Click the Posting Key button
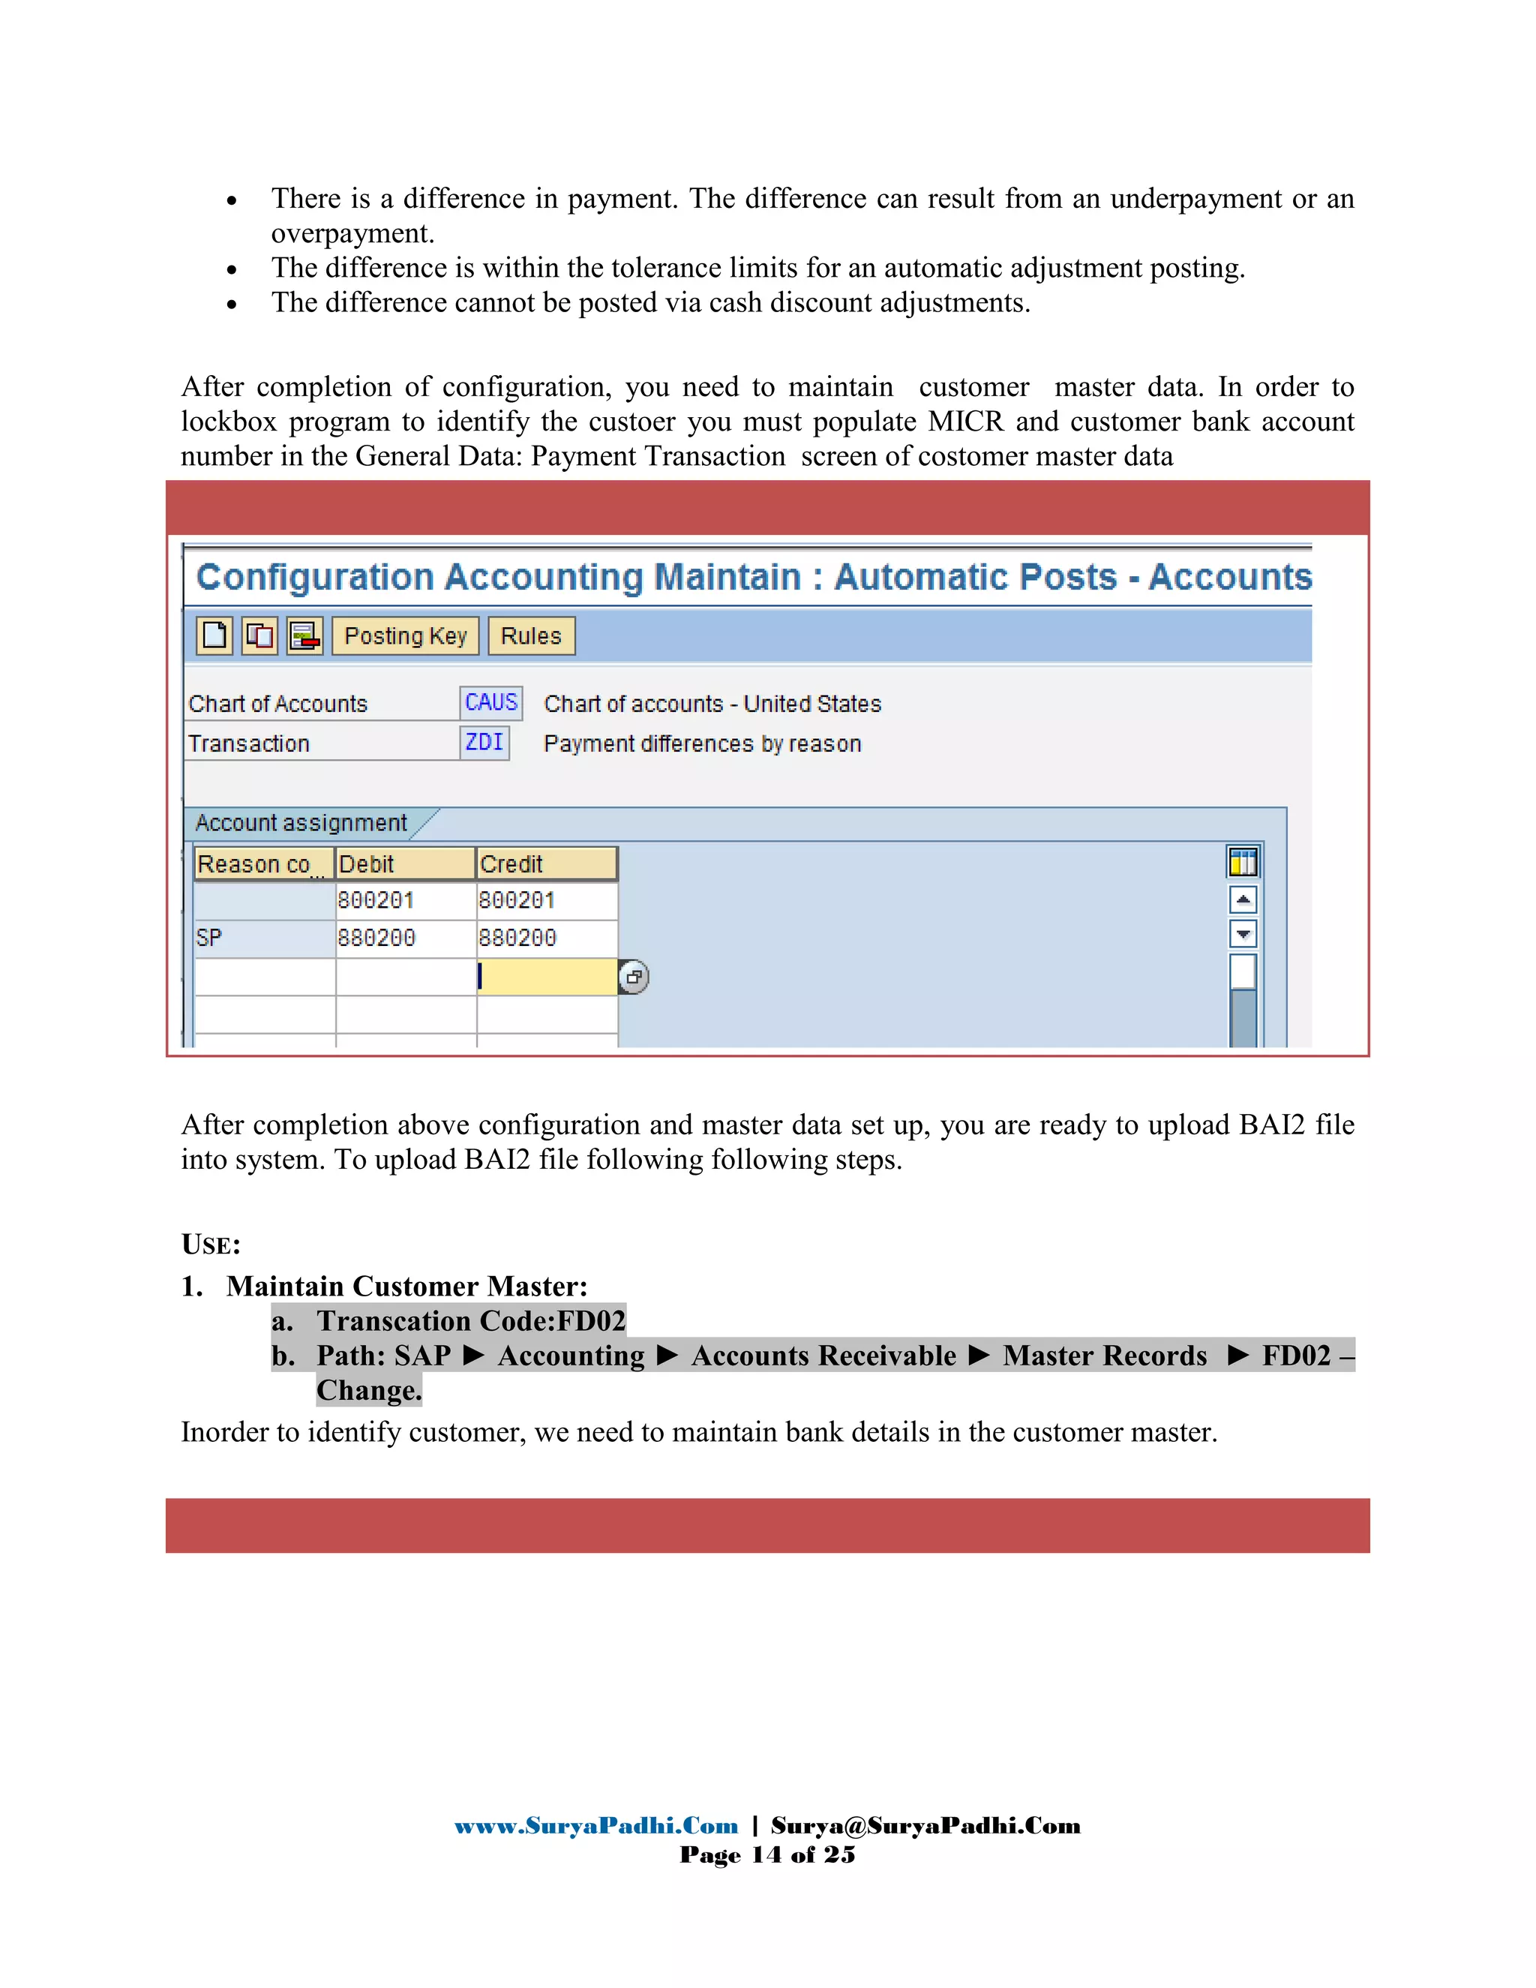click(x=405, y=635)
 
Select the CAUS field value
click(x=490, y=703)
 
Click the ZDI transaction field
click(x=484, y=743)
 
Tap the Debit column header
click(x=405, y=863)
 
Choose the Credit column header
click(x=546, y=863)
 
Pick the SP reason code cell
click(x=263, y=938)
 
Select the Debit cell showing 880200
click(x=405, y=938)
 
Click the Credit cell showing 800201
click(x=546, y=900)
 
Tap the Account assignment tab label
click(x=300, y=823)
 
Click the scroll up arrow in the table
click(x=1243, y=899)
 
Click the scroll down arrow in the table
click(x=1243, y=934)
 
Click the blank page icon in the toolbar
click(x=214, y=635)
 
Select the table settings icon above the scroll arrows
click(x=1243, y=861)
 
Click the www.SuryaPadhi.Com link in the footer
click(x=596, y=1826)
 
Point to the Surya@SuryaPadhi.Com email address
click(x=925, y=1826)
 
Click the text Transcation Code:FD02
click(x=470, y=1321)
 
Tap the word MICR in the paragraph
click(x=965, y=422)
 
